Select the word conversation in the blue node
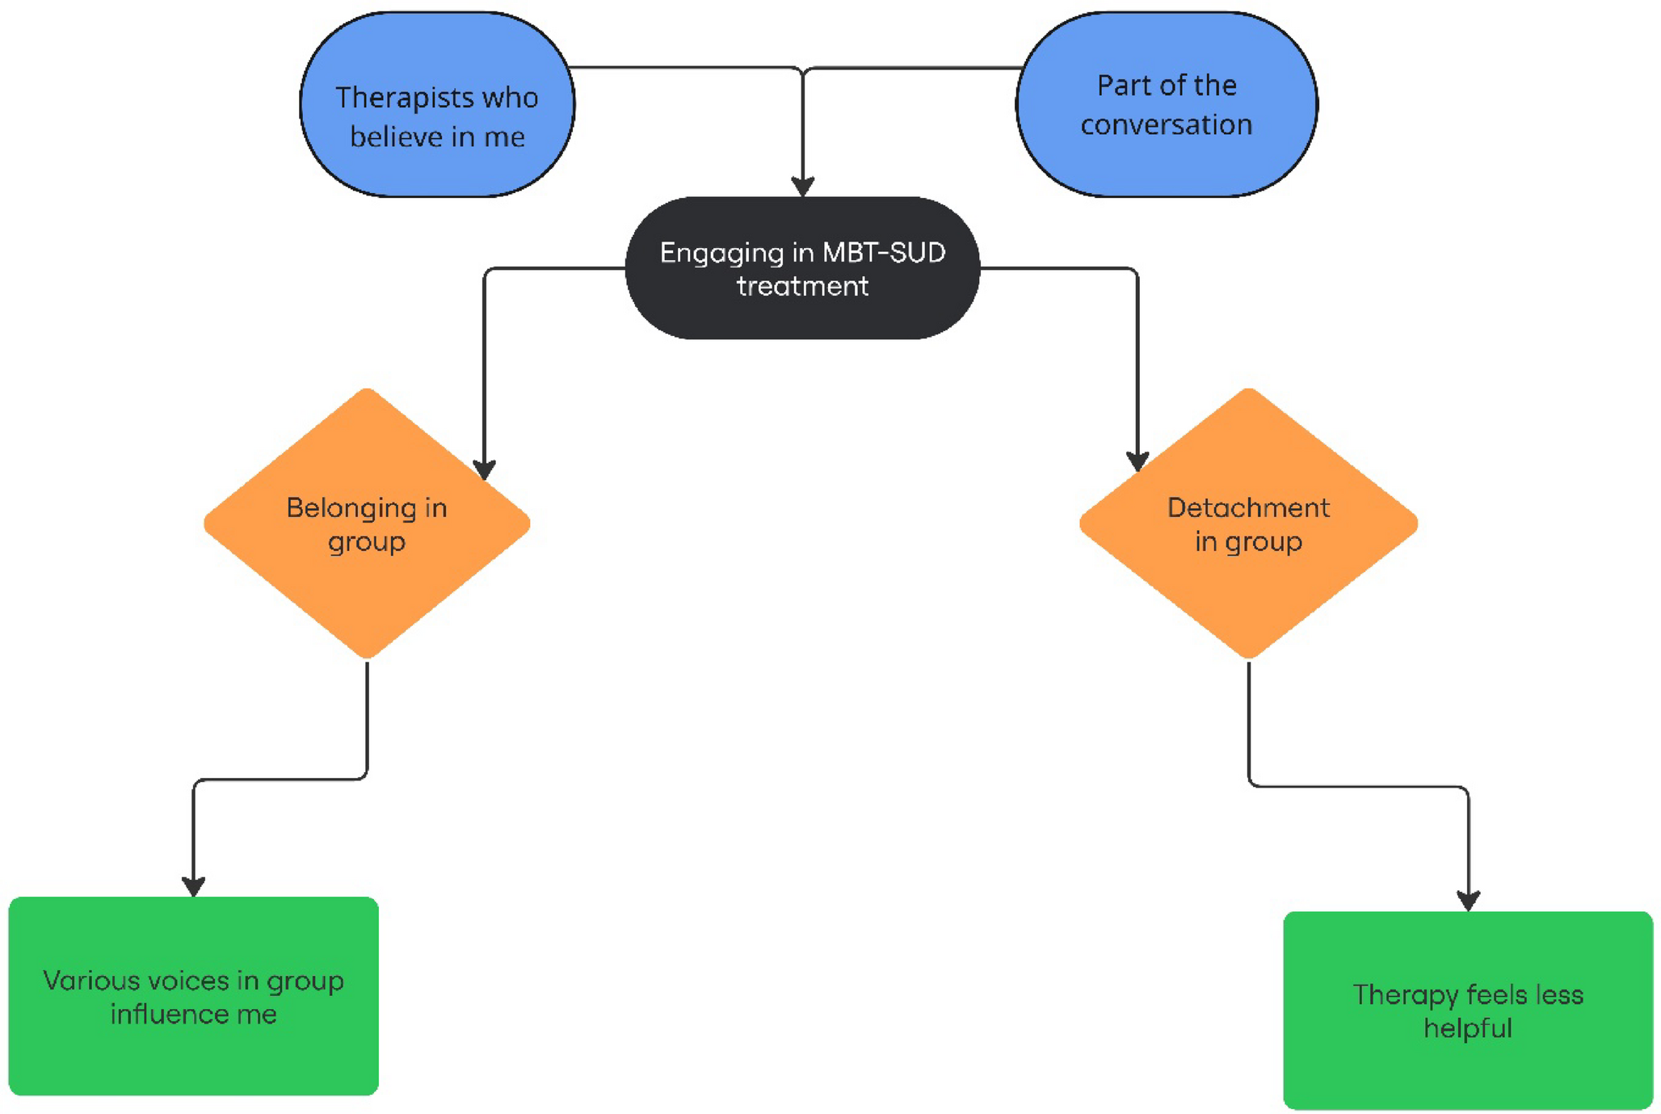coord(1166,125)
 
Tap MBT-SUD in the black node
coord(884,253)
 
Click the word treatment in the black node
coord(802,287)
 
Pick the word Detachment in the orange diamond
coord(1248,508)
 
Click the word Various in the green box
coord(90,981)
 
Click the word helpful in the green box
coord(1467,1029)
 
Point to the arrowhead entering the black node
coord(802,187)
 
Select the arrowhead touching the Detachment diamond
coord(1137,461)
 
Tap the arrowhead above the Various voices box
coord(193,886)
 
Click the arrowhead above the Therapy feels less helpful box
coord(1468,901)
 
